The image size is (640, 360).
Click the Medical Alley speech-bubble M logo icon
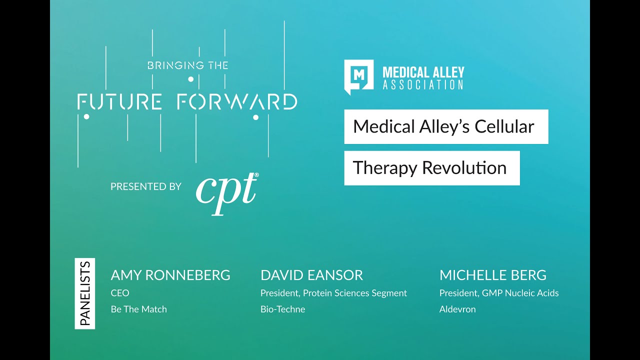358,76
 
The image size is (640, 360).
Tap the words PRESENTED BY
145,186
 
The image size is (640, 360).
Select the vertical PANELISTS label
85,293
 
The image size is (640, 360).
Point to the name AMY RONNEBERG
170,275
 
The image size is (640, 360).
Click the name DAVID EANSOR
311,275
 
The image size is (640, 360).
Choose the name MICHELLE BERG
492,275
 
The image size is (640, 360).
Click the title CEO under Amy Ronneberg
120,293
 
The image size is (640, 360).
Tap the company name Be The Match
138,309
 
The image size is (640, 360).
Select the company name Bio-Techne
282,309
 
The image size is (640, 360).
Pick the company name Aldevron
457,309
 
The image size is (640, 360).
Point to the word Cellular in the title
504,126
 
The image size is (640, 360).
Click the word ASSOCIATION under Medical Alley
423,85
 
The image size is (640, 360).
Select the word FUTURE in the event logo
119,101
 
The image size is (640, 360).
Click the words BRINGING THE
187,65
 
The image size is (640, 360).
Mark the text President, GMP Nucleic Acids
499,293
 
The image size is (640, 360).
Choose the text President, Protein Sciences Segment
333,293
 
